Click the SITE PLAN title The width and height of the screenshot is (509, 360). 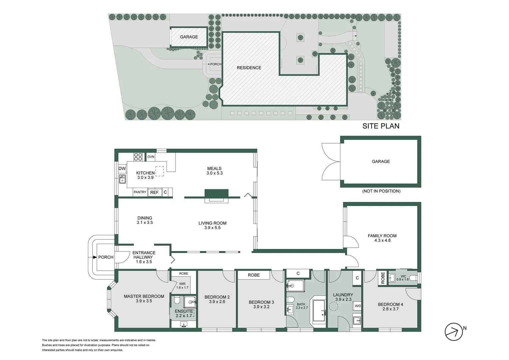point(381,126)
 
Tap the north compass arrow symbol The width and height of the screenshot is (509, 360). point(454,332)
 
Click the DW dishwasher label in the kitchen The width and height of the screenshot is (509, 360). point(122,169)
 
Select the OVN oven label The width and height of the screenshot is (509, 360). point(151,157)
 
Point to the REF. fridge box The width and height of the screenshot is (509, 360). point(155,192)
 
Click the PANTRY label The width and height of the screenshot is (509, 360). point(140,192)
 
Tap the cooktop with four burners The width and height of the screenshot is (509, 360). point(138,157)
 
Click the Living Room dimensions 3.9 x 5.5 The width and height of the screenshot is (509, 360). point(213,228)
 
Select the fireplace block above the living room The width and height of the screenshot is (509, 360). point(217,194)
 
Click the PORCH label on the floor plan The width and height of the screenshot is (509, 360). point(106,257)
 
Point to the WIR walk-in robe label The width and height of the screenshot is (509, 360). point(182,284)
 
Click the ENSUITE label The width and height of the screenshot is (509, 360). point(184,311)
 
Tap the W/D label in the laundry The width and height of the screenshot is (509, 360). point(358,306)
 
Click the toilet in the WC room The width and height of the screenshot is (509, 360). point(413,278)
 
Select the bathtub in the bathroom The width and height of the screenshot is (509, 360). point(319,311)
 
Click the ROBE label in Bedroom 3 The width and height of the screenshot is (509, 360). point(254,275)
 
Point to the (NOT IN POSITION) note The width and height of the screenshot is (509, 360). point(381,191)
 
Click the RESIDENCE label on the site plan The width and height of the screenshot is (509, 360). point(249,68)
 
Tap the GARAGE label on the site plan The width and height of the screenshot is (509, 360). point(189,37)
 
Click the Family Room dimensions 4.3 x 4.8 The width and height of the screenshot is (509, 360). point(382,240)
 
